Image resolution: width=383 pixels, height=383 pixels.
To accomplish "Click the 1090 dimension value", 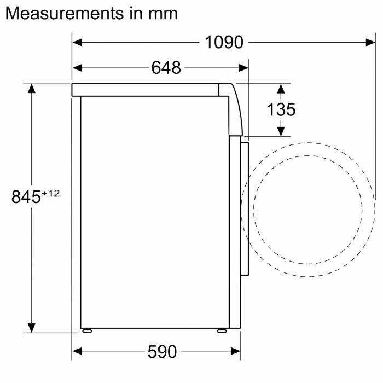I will point(224,42).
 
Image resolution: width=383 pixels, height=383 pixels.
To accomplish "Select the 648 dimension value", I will point(166,68).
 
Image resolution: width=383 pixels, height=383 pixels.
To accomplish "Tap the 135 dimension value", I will point(281,109).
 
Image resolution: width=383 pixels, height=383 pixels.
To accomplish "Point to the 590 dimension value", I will point(162,352).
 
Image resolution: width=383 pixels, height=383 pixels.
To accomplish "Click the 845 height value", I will point(26,196).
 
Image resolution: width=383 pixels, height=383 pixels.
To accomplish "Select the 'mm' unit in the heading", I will point(163,13).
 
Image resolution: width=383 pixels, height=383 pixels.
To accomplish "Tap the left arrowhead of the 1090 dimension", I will point(77,42).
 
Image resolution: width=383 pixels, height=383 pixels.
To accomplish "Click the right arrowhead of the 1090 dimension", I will point(370,42).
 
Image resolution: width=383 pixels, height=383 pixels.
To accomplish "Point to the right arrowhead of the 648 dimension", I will point(245,68).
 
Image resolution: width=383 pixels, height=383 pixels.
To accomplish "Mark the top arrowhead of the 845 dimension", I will point(32,88).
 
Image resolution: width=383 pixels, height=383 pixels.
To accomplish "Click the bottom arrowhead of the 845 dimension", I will point(32,328).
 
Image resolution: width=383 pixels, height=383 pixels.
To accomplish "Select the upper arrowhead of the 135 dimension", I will point(281,88).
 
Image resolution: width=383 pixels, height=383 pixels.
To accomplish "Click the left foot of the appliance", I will point(86,331).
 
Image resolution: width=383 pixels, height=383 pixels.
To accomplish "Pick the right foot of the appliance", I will point(221,331).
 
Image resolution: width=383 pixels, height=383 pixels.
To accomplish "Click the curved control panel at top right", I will point(234,109).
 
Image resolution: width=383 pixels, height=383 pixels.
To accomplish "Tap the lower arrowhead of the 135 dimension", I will point(281,131).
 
